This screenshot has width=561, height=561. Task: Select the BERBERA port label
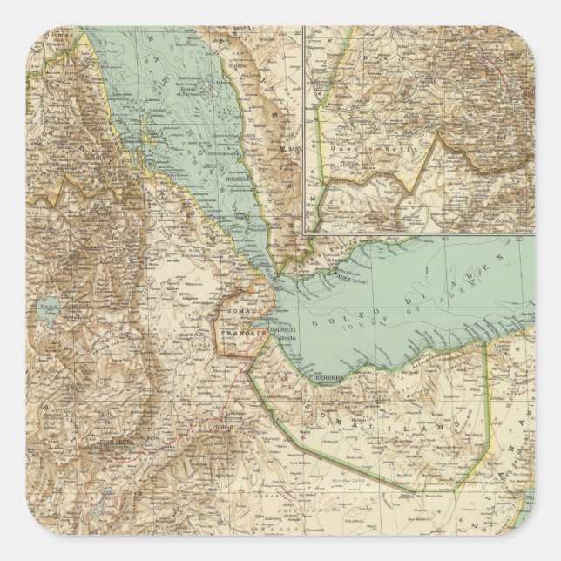(328, 377)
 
